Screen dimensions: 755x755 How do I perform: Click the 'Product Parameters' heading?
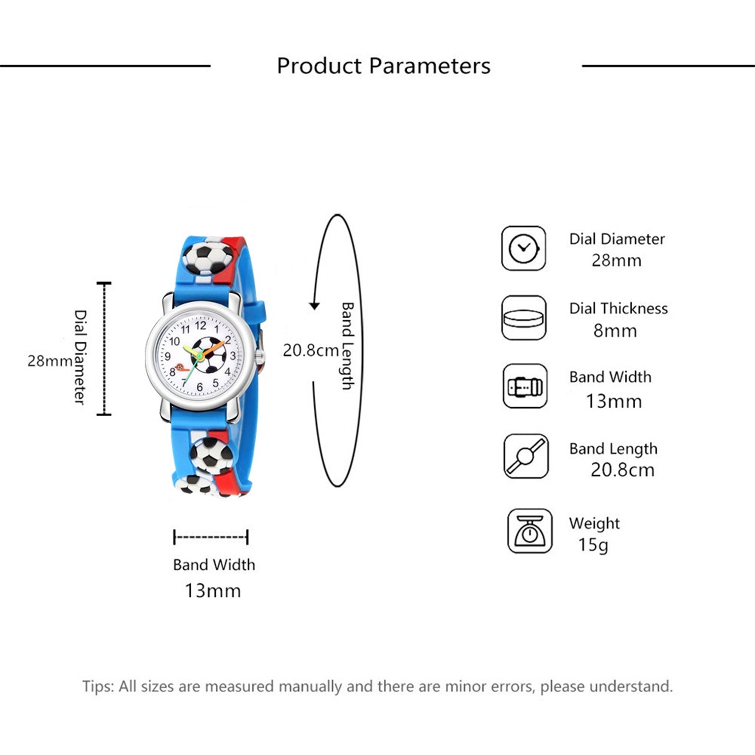coord(383,66)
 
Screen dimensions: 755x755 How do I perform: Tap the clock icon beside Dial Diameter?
coord(523,248)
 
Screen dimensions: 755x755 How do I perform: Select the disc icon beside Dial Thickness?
coord(523,318)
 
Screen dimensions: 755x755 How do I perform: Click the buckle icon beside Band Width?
coord(525,386)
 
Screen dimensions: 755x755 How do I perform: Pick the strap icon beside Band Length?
coord(526,456)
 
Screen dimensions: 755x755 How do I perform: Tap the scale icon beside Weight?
coord(529,531)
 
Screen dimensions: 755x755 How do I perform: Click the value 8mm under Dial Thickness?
coord(615,331)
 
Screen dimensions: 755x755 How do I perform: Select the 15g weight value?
coord(593,545)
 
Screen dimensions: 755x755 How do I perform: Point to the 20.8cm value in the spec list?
coord(622,470)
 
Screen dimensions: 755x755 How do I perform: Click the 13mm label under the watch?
coord(212,591)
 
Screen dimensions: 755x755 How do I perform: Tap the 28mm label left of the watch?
coord(50,361)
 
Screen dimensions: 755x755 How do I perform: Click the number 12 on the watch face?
coord(201,325)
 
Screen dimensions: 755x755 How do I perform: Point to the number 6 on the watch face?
coord(200,387)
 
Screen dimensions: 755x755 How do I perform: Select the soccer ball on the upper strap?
coord(208,258)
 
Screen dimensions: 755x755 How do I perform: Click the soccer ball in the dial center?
coord(209,355)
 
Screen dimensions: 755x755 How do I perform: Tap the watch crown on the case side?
coord(260,357)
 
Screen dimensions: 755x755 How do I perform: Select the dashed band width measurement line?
coord(211,537)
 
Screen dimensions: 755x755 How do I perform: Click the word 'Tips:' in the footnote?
coord(98,686)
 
